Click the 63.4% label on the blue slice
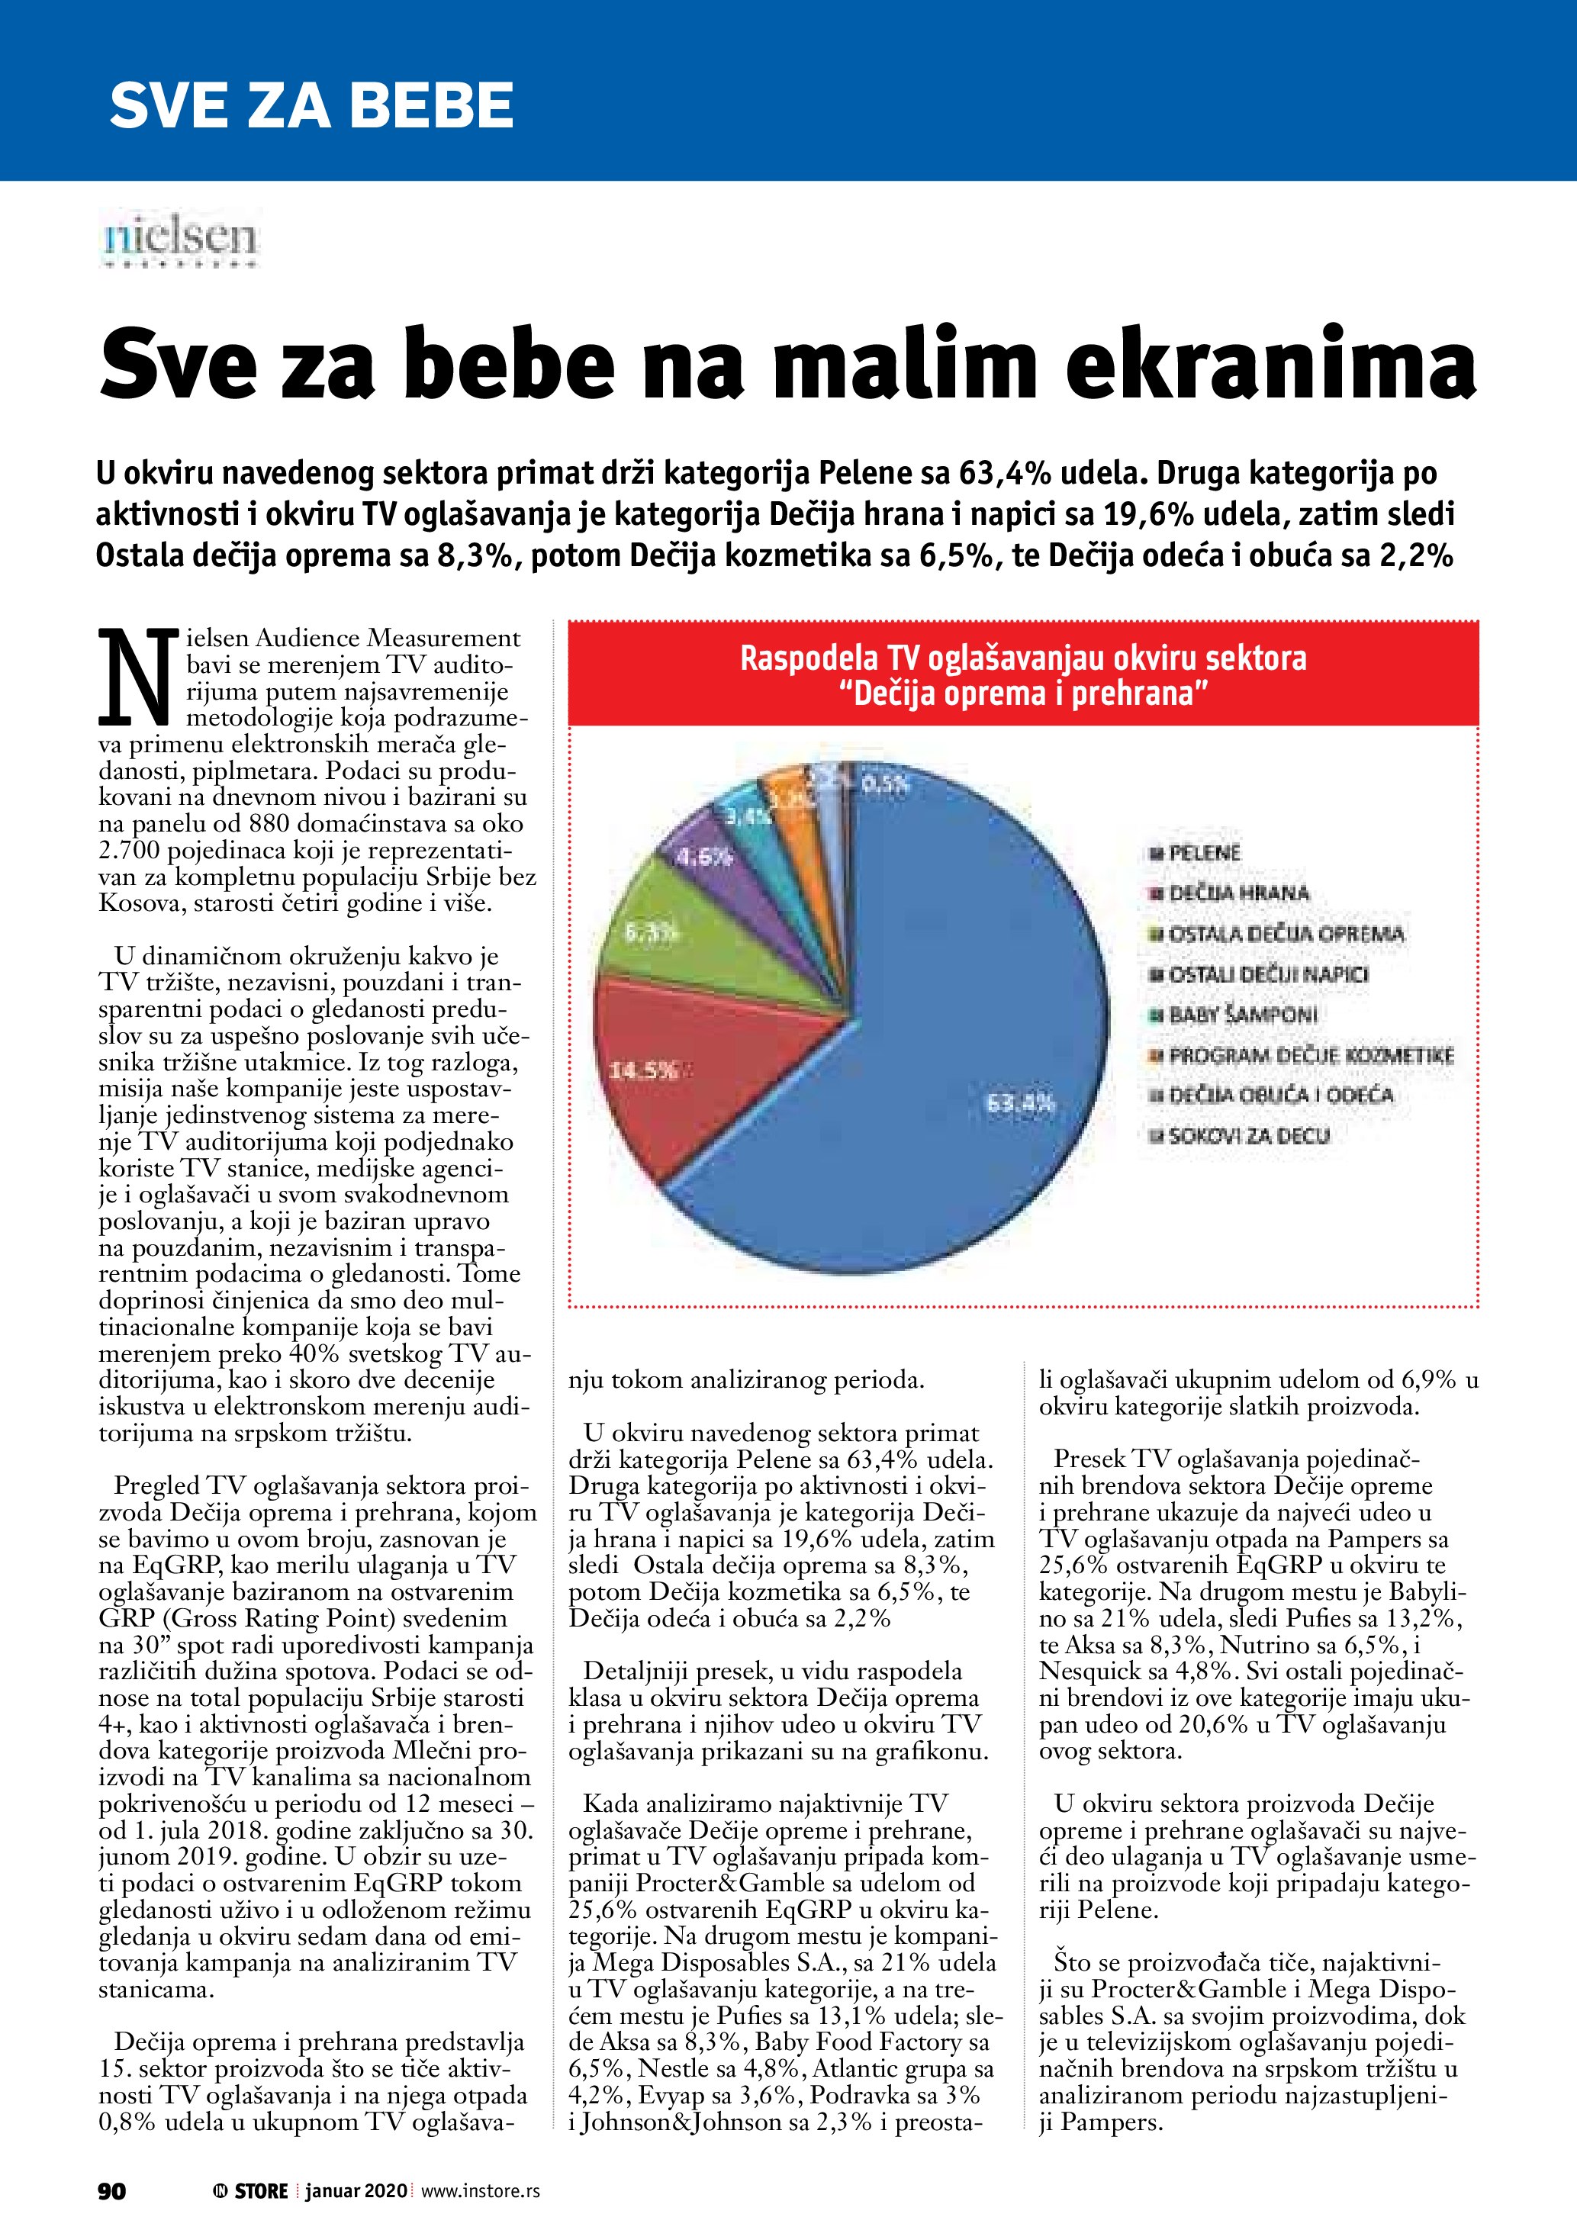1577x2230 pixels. click(1019, 1103)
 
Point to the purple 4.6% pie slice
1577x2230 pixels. click(709, 854)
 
